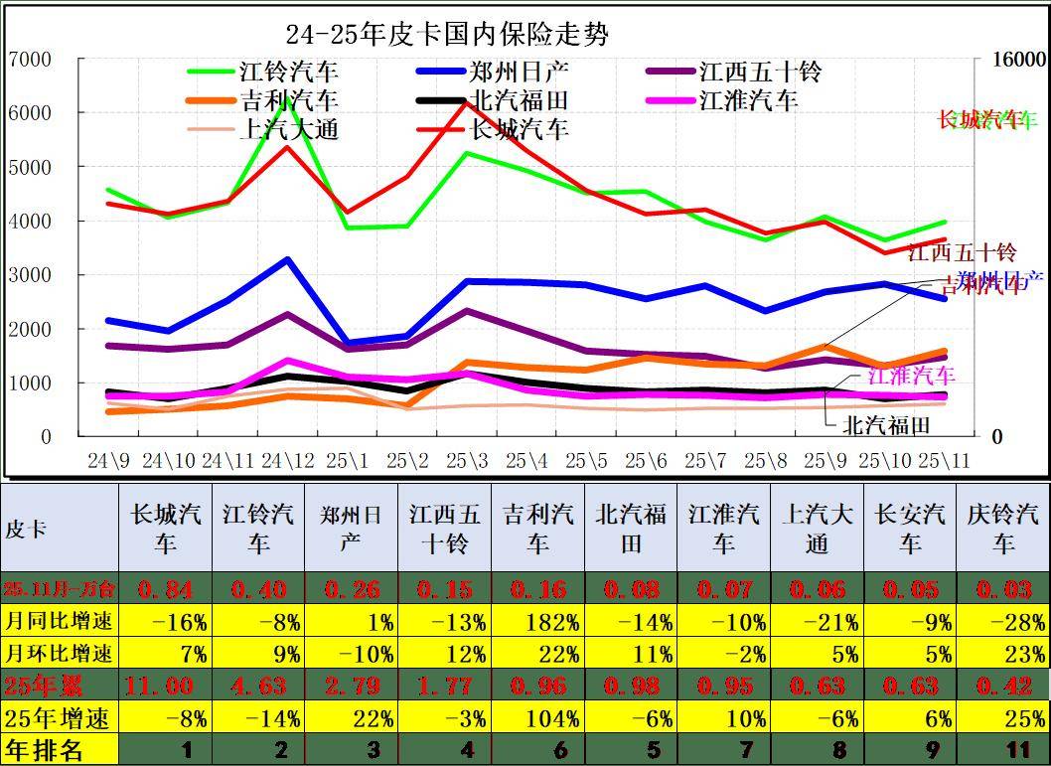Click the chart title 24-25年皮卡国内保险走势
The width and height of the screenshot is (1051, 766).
(x=447, y=35)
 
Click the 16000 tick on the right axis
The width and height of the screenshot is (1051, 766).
(x=1020, y=60)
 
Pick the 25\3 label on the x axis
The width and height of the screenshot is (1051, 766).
(x=467, y=461)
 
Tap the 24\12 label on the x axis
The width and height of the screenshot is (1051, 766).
(x=287, y=461)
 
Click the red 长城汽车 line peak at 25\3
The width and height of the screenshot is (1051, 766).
(x=466, y=102)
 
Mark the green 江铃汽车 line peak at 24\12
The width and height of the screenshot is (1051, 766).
(x=287, y=98)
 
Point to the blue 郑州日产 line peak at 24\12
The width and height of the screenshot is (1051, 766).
(x=287, y=259)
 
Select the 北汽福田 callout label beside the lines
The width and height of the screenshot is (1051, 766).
(x=886, y=425)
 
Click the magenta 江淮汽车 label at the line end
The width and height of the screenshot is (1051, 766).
(x=911, y=376)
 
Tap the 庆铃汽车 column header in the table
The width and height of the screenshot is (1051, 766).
(x=1002, y=529)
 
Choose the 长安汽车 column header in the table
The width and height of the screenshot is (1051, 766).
(x=910, y=529)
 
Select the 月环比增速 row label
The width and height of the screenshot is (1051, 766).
(x=59, y=654)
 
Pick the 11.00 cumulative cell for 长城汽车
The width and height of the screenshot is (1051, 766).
(x=164, y=686)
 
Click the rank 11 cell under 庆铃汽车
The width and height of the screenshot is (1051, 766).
(x=1002, y=749)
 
